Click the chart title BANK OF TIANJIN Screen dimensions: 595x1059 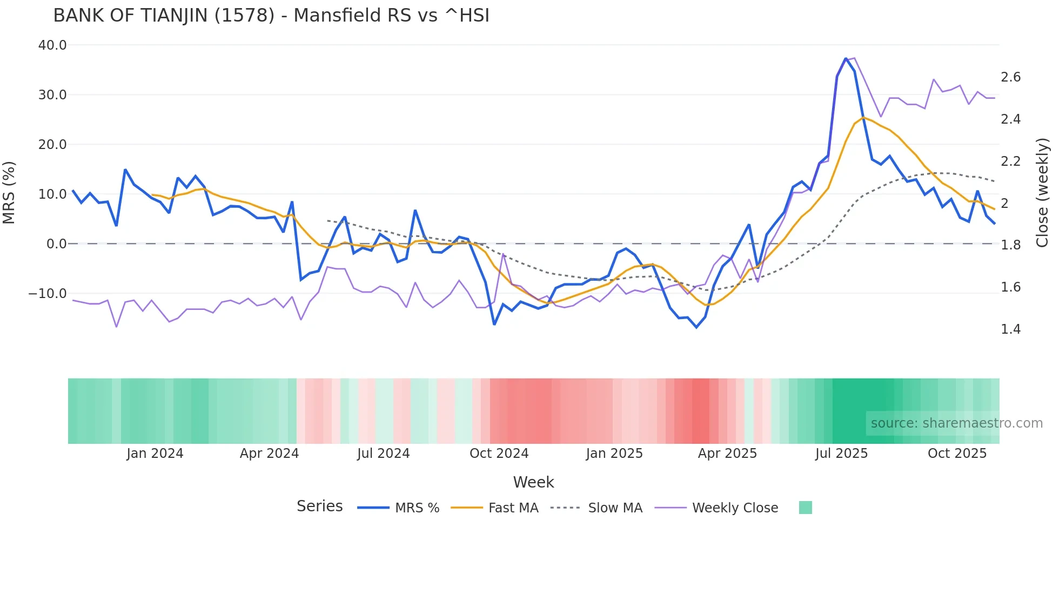point(271,16)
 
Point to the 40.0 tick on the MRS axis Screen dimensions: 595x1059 point(52,45)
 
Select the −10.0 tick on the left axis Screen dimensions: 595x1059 point(48,294)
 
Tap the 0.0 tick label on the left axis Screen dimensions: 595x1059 point(56,244)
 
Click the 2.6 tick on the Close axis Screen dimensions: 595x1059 point(1010,77)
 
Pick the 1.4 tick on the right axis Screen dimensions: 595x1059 point(1010,329)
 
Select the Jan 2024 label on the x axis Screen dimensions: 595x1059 point(155,454)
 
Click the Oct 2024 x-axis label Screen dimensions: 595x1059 point(499,454)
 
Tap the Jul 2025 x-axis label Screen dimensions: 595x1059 point(841,454)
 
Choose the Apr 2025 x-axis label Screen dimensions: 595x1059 point(727,454)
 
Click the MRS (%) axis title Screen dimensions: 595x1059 point(9,193)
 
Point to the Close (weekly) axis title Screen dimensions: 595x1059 point(1042,193)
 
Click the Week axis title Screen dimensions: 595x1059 point(533,482)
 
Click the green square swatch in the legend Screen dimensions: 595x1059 point(805,508)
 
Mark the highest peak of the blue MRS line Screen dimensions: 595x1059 point(846,58)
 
